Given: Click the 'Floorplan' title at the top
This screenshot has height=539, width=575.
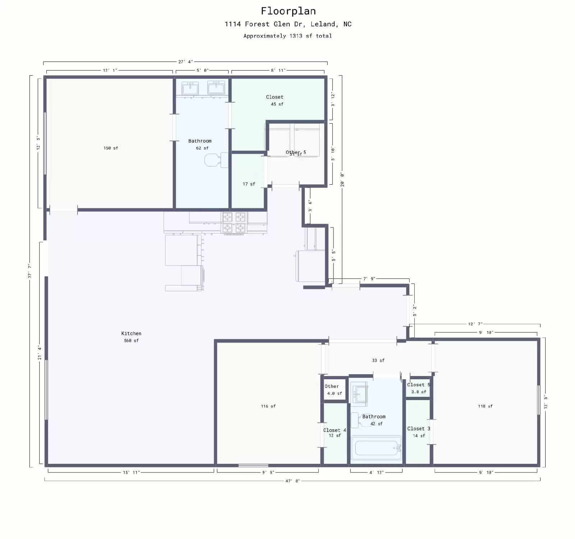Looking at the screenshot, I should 288,11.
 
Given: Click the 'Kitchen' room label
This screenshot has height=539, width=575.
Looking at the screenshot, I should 131,334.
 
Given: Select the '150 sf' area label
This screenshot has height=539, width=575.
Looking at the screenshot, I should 111,148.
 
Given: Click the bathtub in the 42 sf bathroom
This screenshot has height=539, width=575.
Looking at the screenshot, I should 376,448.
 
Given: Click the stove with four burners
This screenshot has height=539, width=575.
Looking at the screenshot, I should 234,223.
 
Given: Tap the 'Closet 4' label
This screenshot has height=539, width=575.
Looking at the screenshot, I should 334,430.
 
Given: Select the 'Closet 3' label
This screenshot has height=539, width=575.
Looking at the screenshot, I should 418,429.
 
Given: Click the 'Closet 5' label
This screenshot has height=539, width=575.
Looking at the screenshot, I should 418,385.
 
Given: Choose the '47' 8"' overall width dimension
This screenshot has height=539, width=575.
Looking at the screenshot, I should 292,481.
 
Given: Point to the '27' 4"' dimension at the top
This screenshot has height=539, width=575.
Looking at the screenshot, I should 185,62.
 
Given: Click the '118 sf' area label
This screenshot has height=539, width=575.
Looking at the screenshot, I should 485,406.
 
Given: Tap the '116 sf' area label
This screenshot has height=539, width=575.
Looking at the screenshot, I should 268,406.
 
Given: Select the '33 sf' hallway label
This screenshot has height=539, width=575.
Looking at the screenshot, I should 378,361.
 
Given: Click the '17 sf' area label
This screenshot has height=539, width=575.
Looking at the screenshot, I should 249,184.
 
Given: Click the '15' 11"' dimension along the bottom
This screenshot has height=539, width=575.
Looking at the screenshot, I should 131,472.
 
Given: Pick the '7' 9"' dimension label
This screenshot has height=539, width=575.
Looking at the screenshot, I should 369,279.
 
